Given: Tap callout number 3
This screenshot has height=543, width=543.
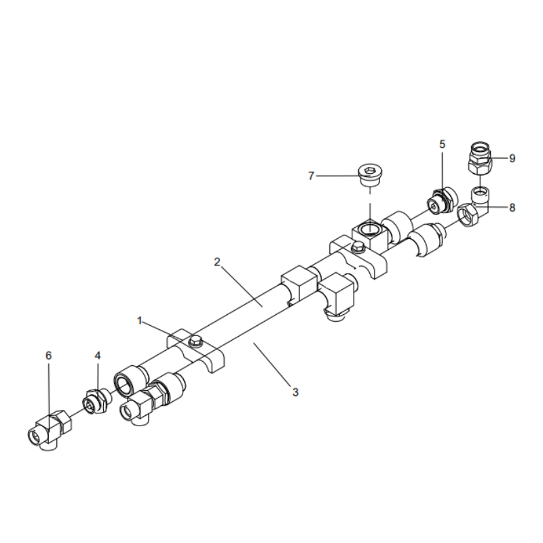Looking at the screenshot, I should [295, 391].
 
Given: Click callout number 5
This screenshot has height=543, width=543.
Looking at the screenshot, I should [443, 144].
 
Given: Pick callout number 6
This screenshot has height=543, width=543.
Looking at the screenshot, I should [48, 355].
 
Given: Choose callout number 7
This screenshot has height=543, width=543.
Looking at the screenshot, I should [311, 176].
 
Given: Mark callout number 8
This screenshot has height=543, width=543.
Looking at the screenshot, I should [512, 208].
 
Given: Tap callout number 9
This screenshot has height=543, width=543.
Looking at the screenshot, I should [512, 158].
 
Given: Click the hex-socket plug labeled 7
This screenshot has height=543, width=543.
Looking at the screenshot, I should [369, 176].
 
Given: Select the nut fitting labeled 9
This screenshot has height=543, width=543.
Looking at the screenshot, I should [480, 156].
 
